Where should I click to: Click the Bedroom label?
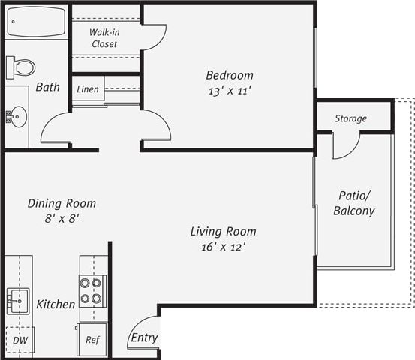point(230,75)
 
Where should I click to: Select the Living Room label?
point(223,231)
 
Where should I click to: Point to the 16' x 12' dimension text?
point(223,246)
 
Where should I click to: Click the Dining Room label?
point(62,203)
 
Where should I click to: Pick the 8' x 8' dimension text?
point(62,218)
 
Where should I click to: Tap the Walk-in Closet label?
point(104,38)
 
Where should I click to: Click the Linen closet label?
point(89,88)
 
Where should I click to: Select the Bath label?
point(47,87)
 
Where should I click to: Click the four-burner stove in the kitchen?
point(91,290)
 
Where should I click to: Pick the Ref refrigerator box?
point(92,339)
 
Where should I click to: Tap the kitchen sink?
point(17,301)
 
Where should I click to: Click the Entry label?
point(144,337)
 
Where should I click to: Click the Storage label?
point(350,118)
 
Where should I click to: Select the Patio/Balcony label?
point(353,204)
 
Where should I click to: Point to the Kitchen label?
point(56,304)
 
